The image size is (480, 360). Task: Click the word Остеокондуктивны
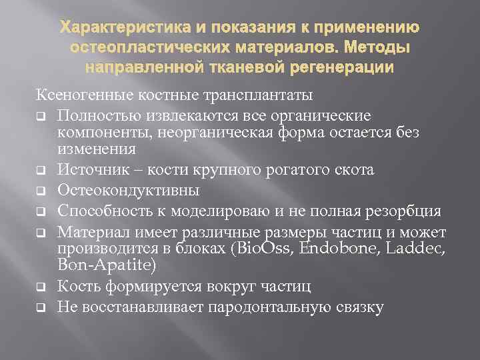point(137,191)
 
